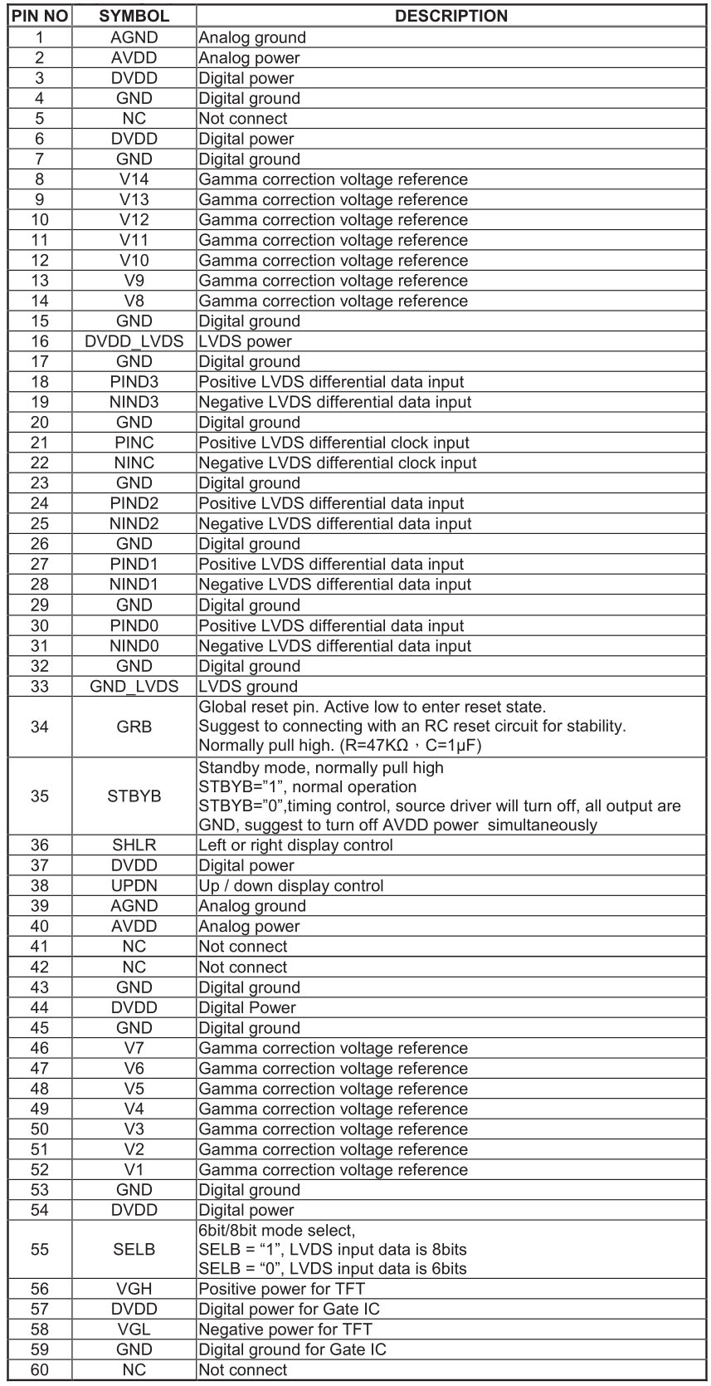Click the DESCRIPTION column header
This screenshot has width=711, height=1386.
coord(451,16)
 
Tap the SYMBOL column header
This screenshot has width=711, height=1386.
coord(134,16)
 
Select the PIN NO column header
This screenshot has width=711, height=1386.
coord(40,16)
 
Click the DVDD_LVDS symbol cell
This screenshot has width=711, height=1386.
coord(134,341)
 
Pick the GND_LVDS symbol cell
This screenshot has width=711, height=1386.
coord(134,687)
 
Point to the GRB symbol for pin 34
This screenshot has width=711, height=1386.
coord(134,727)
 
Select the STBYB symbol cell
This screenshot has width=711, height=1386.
coord(134,796)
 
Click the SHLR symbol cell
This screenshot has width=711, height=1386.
coord(134,845)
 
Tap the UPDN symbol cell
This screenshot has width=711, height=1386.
coord(134,886)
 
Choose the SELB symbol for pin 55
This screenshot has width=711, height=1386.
coord(134,1250)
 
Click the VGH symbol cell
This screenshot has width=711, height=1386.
coord(134,1289)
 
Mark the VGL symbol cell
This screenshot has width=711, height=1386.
coord(134,1330)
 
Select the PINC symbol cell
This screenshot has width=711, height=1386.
coord(134,443)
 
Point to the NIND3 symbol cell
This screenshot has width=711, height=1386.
coord(134,402)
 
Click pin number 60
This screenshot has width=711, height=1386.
coord(40,1370)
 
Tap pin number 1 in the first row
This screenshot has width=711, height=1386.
coord(40,37)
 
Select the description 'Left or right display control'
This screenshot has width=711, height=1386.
coord(295,845)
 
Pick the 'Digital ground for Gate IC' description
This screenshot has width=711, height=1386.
coord(292,1349)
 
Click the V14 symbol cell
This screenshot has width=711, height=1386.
coord(134,179)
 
